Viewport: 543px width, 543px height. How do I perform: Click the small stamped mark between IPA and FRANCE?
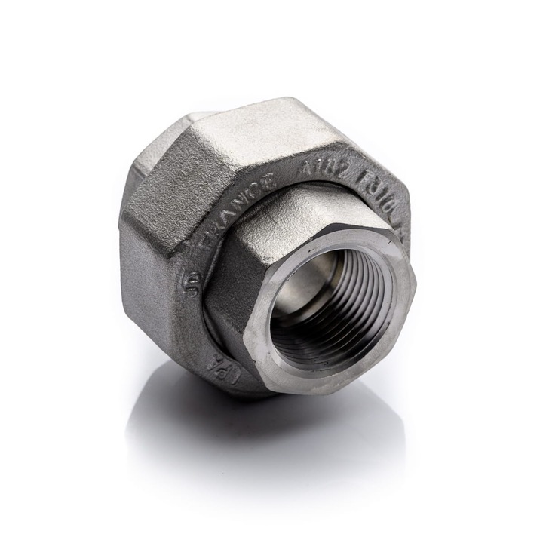point(188,284)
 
